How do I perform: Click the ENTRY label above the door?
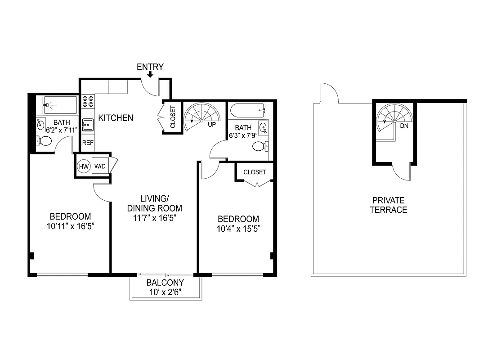pyautogui.click(x=150, y=67)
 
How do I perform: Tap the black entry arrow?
pyautogui.click(x=150, y=75)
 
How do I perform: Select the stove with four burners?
pyautogui.click(x=88, y=101)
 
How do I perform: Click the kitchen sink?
pyautogui.click(x=87, y=124)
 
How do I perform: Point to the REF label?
pyautogui.click(x=87, y=143)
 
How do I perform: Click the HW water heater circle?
pyautogui.click(x=84, y=166)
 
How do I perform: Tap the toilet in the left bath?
pyautogui.click(x=45, y=141)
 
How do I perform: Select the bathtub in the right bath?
pyautogui.click(x=247, y=109)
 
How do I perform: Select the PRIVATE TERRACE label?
pyautogui.click(x=388, y=205)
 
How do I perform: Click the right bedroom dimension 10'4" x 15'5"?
pyautogui.click(x=238, y=228)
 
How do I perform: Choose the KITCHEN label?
pyautogui.click(x=116, y=118)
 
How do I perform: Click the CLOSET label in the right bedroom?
pyautogui.click(x=255, y=172)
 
